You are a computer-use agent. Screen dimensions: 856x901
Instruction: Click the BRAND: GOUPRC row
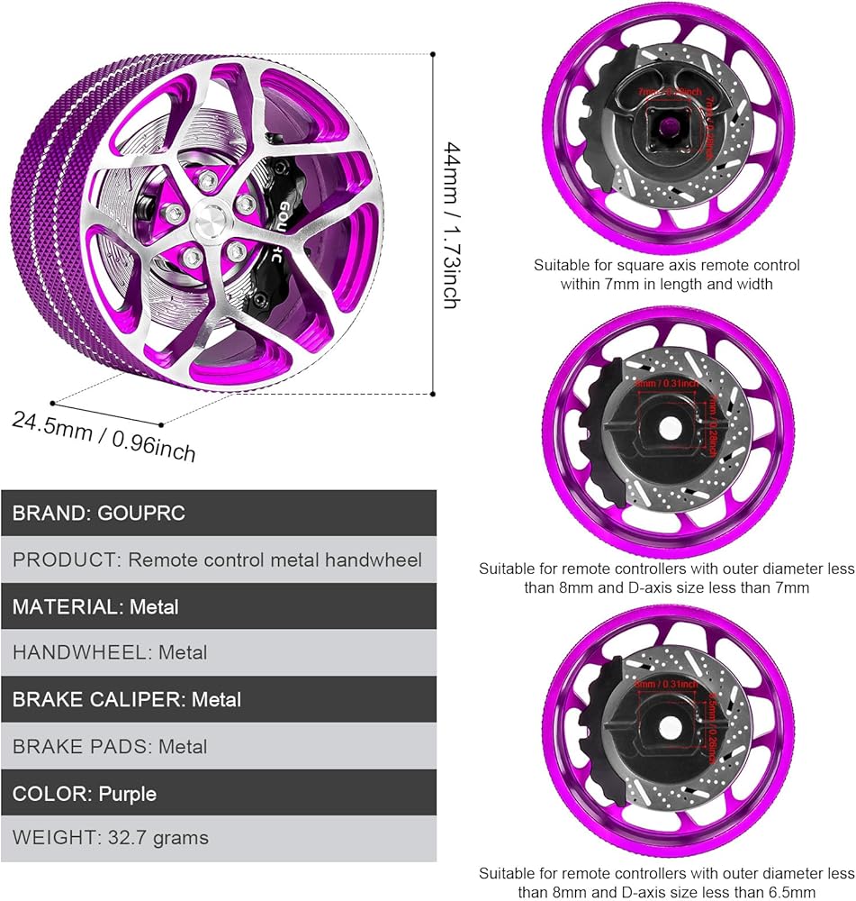pos(218,514)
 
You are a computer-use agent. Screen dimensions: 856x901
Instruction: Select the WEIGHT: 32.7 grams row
pos(218,838)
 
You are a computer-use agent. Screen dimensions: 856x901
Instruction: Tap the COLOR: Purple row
pos(218,794)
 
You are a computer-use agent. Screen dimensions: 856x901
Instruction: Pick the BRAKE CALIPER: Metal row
pos(218,699)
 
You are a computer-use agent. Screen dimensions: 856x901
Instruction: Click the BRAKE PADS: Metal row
pos(218,746)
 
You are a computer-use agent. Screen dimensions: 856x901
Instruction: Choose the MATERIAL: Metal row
pos(218,606)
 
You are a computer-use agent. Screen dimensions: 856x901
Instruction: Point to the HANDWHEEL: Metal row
pos(218,652)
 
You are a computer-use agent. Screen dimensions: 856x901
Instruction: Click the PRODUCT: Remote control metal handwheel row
pos(218,560)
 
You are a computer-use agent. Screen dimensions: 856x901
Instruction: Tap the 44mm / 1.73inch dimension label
pos(454,223)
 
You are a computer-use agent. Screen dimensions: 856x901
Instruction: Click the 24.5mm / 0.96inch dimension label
pos(104,434)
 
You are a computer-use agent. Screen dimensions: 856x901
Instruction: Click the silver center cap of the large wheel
pos(210,221)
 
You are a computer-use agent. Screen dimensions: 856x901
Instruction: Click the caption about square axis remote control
pos(666,275)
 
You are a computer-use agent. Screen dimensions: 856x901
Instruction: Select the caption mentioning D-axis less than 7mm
pos(666,578)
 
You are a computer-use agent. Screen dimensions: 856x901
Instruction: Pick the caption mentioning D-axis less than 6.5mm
pos(666,883)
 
